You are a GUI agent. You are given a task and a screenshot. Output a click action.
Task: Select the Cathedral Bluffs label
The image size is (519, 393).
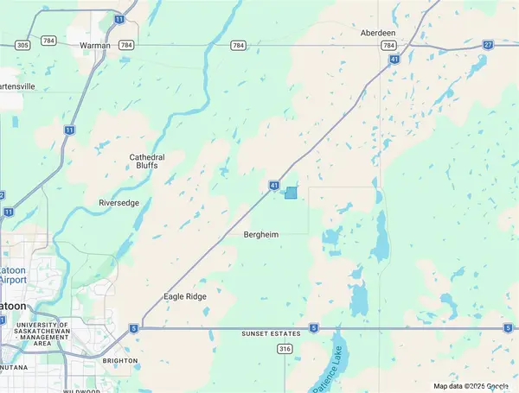pyautogui.click(x=147, y=161)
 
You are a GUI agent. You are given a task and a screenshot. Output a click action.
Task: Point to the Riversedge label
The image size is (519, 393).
pyautogui.click(x=119, y=203)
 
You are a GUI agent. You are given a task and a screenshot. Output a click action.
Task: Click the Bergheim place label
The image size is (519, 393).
pyautogui.click(x=261, y=234)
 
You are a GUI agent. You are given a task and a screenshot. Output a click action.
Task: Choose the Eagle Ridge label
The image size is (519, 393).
pyautogui.click(x=185, y=296)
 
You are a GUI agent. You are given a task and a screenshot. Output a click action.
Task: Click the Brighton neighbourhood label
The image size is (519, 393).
pyautogui.click(x=119, y=360)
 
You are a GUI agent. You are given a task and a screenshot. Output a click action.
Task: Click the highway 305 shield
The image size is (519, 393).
pyautogui.click(x=23, y=45)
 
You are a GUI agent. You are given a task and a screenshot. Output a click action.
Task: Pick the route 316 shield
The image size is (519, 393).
pyautogui.click(x=284, y=348)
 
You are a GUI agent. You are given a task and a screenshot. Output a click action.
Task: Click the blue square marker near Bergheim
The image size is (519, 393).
pyautogui.click(x=291, y=193)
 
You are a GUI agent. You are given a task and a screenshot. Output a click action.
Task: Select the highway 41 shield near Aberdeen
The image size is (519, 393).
pyautogui.click(x=394, y=60)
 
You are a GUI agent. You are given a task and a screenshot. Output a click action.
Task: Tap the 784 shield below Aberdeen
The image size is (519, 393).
pyautogui.click(x=388, y=45)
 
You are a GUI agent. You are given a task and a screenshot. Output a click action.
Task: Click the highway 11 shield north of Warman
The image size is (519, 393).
pyautogui.click(x=119, y=18)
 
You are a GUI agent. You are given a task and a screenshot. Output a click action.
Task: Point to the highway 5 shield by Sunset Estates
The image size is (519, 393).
pyautogui.click(x=313, y=328)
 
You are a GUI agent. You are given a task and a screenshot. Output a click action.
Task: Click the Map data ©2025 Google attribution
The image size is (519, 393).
pyautogui.click(x=471, y=386)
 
